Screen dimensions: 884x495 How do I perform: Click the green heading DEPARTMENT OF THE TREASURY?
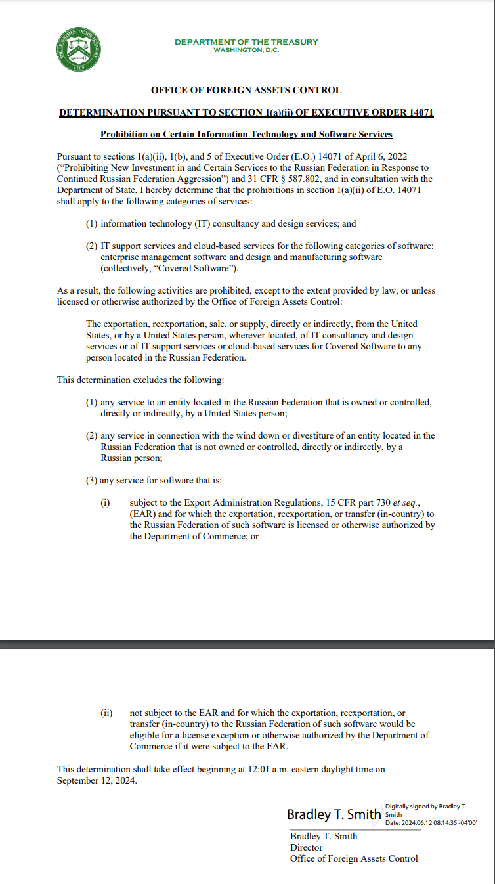(x=246, y=42)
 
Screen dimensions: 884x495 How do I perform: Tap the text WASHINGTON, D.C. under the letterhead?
(x=246, y=50)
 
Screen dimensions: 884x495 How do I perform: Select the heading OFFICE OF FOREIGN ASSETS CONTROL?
(x=246, y=91)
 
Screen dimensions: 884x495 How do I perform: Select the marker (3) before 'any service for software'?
(x=92, y=480)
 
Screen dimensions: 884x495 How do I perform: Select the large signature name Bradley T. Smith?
(x=334, y=814)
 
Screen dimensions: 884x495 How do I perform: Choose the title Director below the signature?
(x=307, y=847)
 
